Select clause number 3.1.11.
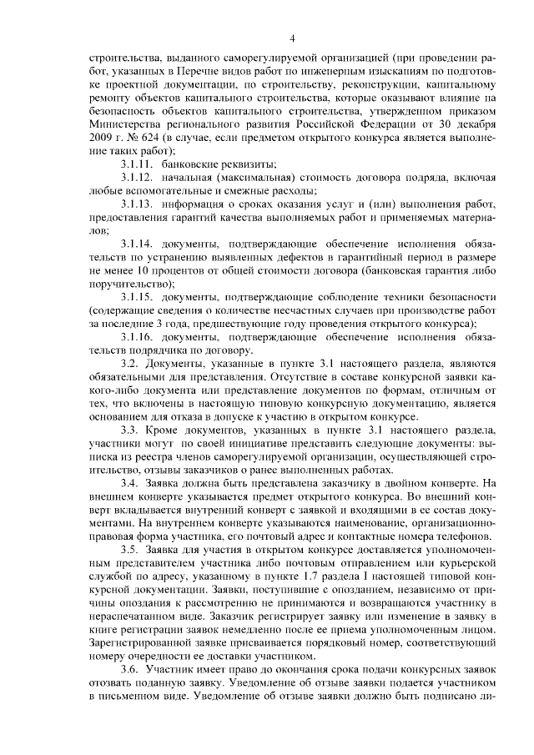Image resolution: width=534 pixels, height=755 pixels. coord(137,164)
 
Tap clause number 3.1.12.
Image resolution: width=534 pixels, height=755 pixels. coord(137,178)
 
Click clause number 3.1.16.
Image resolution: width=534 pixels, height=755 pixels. coord(137,338)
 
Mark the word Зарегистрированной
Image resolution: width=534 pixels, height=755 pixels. coord(139,645)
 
